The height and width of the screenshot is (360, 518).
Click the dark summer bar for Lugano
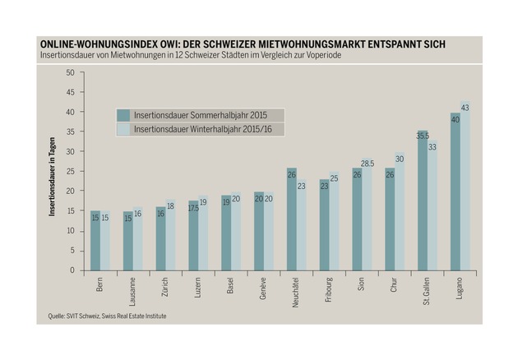(456, 192)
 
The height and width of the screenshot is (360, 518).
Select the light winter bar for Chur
(400, 211)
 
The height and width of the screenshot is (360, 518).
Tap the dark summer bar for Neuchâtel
(292, 219)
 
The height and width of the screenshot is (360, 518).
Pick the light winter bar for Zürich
(170, 235)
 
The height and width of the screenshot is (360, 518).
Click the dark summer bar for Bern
(95, 241)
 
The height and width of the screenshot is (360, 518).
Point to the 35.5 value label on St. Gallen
(423, 136)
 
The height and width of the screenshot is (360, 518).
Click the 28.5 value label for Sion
(368, 164)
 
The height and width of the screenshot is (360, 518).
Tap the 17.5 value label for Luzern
(193, 208)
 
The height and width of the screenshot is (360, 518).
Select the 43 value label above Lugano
(465, 108)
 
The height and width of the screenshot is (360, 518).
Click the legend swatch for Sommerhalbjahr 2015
(123, 115)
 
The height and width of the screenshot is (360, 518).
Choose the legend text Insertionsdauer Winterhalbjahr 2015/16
(203, 129)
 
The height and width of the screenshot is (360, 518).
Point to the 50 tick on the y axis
(71, 72)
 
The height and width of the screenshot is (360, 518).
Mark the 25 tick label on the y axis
(71, 172)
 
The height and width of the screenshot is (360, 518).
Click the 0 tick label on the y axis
(72, 270)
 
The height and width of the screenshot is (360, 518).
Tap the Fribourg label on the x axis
(329, 289)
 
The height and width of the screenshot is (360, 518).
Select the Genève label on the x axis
(263, 288)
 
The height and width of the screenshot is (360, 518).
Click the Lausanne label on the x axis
(132, 291)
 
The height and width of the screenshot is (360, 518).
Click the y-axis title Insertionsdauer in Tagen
(52, 177)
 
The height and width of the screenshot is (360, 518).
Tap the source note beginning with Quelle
(107, 316)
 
